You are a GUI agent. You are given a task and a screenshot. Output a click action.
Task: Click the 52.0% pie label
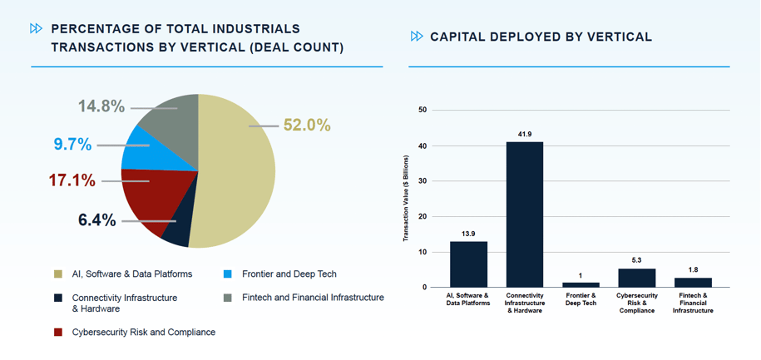[x=307, y=126]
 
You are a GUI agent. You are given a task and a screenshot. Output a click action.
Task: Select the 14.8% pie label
[x=101, y=106]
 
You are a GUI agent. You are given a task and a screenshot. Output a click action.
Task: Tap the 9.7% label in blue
[x=72, y=144]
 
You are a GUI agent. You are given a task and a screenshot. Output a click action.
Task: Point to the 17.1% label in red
[x=72, y=180]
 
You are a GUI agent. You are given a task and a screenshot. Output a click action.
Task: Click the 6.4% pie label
[x=97, y=220]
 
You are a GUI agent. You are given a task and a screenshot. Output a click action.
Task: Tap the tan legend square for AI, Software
[x=58, y=274]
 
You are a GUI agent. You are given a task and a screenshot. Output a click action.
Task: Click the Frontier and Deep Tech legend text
[x=289, y=274]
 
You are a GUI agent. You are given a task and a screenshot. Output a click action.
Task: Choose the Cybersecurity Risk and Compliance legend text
[x=144, y=332]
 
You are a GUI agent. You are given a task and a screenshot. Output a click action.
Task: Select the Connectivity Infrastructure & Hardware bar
[x=525, y=215]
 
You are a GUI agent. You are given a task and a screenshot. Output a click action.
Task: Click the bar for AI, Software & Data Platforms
[x=468, y=264]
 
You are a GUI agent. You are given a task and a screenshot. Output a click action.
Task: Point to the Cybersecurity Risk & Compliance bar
[x=637, y=278]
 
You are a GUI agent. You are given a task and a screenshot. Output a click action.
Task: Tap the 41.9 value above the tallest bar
[x=525, y=134]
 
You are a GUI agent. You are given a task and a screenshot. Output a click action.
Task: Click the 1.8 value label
[x=693, y=269]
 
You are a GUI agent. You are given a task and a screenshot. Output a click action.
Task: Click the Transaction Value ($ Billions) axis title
[x=407, y=198]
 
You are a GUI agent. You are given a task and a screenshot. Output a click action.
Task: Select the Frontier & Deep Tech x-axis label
[x=581, y=299]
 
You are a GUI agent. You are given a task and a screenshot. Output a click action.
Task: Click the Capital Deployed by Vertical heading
[x=541, y=37]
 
